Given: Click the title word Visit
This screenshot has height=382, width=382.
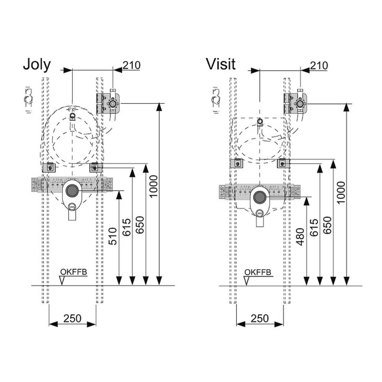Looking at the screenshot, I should [x=221, y=64].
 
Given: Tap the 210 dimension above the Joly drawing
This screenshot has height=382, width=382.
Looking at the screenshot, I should [x=131, y=65].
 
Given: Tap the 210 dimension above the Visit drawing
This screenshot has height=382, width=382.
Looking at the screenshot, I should [x=318, y=65].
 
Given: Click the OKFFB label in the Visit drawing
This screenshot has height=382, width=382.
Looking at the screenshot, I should [x=258, y=273].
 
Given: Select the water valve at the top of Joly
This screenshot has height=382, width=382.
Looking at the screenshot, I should [x=113, y=103].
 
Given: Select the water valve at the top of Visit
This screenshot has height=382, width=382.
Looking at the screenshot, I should [x=300, y=103].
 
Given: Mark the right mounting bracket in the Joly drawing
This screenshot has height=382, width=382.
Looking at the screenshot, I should [x=96, y=168].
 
